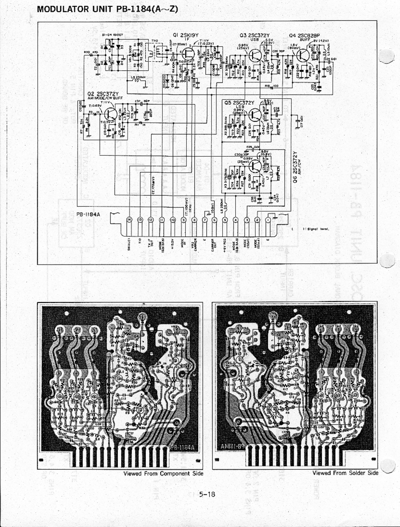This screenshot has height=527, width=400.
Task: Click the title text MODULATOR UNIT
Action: (x=76, y=9)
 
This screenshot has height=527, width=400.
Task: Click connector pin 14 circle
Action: (x=130, y=220)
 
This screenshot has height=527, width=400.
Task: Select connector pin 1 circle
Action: (x=268, y=220)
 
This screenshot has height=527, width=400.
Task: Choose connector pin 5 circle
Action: (x=226, y=220)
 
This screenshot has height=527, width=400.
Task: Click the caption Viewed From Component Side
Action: (x=163, y=473)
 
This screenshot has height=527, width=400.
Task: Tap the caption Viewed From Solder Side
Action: (x=345, y=473)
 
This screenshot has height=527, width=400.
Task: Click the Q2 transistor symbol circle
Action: (x=110, y=114)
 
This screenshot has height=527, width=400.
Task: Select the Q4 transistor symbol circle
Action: (x=304, y=55)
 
